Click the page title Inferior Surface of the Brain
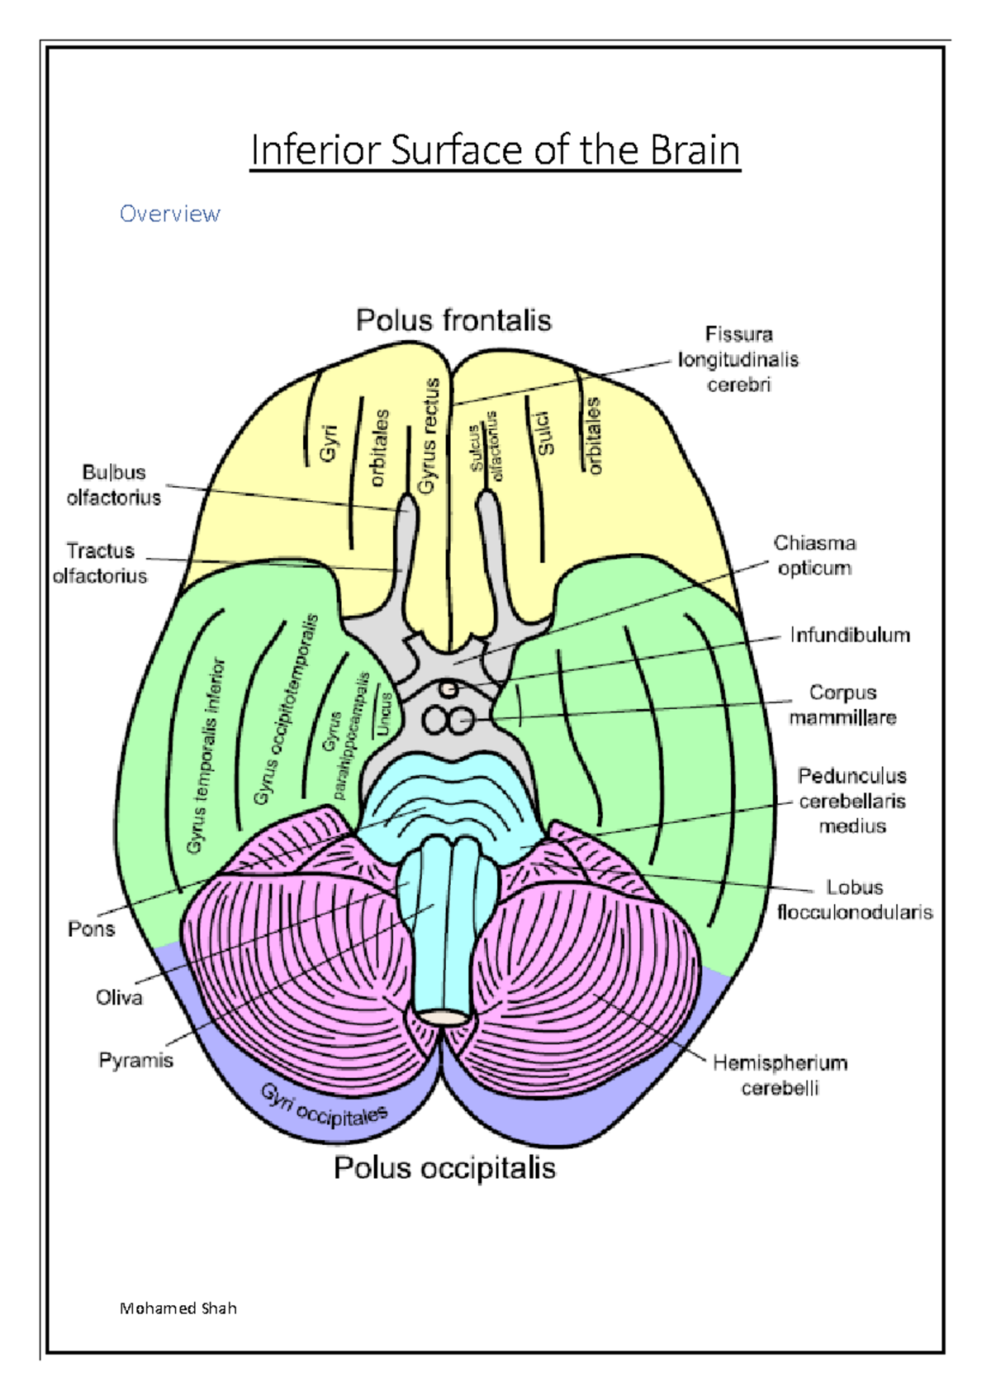[495, 151]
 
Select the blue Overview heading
[170, 214]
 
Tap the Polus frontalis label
[453, 320]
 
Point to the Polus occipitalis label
[444, 1168]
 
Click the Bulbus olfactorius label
[114, 485]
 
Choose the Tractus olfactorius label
[100, 563]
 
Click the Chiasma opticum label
[814, 556]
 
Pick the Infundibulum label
[850, 635]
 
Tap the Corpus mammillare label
[842, 705]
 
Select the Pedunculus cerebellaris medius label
[851, 801]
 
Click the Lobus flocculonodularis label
[855, 900]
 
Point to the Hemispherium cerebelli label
[780, 1075]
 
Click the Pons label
[91, 929]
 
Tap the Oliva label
[119, 998]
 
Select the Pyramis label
[135, 1060]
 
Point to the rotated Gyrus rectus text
[429, 437]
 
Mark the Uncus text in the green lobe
[382, 714]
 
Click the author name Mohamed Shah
[178, 1308]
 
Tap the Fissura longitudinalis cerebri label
[738, 359]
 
